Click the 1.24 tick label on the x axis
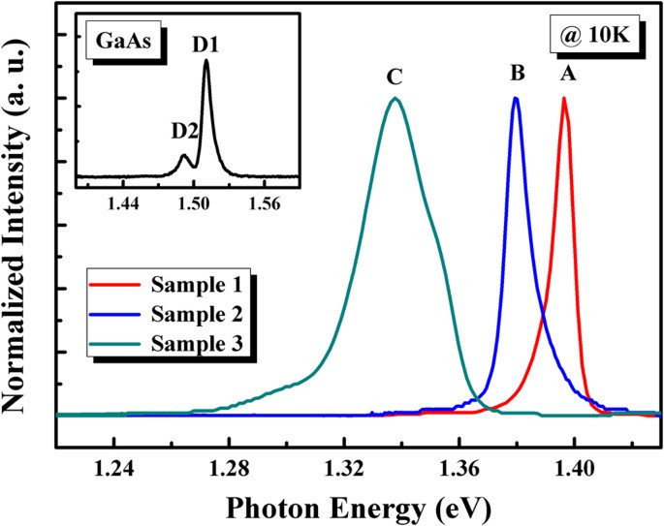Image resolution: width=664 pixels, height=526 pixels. pyautogui.click(x=113, y=470)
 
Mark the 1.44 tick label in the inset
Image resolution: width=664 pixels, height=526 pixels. pyautogui.click(x=124, y=202)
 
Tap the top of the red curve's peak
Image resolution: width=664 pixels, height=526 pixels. pyautogui.click(x=564, y=98)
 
